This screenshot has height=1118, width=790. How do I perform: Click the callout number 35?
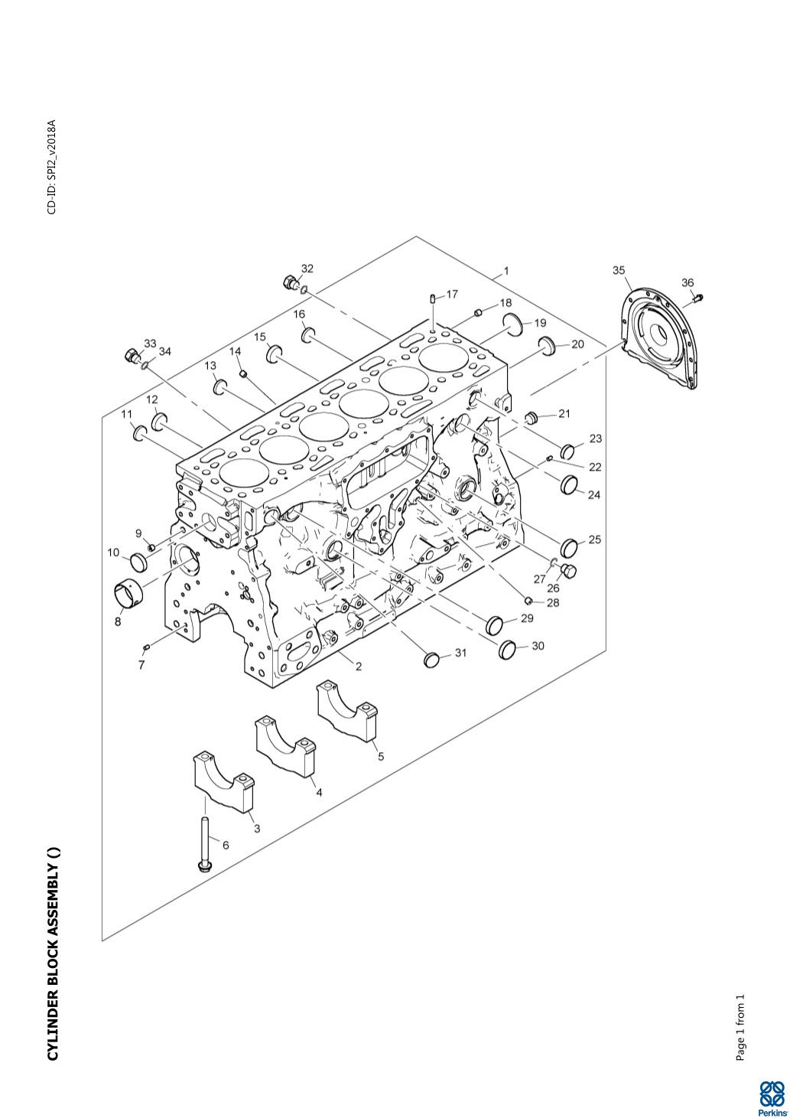(619, 270)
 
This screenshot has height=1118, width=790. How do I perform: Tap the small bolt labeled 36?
(697, 299)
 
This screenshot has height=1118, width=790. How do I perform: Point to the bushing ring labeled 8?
(128, 593)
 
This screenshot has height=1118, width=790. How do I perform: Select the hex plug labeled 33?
(132, 356)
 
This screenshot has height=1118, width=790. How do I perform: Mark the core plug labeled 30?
(507, 650)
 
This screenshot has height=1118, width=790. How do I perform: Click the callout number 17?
(452, 295)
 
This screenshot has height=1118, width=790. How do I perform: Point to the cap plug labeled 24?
(569, 484)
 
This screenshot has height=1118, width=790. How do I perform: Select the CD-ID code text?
(52, 167)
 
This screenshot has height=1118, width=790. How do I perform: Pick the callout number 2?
(359, 667)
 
